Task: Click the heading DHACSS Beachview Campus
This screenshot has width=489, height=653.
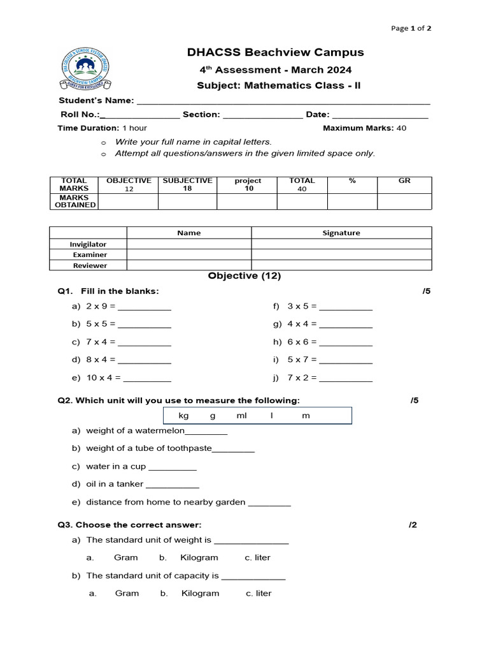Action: pyautogui.click(x=275, y=52)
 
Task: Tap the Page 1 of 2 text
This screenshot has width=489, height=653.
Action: pyautogui.click(x=411, y=28)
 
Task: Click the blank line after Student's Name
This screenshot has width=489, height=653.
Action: pyautogui.click(x=283, y=101)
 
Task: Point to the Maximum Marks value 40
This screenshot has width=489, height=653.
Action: pyautogui.click(x=401, y=128)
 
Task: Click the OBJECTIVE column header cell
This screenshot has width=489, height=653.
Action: pyautogui.click(x=129, y=185)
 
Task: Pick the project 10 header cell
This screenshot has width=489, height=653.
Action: pyautogui.click(x=247, y=185)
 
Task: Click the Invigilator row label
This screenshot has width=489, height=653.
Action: pyautogui.click(x=88, y=244)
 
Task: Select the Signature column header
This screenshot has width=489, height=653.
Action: pyautogui.click(x=341, y=233)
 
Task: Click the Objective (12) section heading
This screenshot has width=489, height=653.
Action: pyautogui.click(x=244, y=276)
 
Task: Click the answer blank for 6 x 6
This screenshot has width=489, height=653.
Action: pyautogui.click(x=346, y=343)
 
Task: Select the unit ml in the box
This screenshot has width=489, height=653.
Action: pyautogui.click(x=241, y=416)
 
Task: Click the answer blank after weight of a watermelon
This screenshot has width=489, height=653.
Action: pyautogui.click(x=206, y=432)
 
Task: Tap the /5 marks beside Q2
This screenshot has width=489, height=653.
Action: pyautogui.click(x=415, y=400)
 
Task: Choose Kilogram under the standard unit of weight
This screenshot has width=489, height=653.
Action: pyautogui.click(x=199, y=557)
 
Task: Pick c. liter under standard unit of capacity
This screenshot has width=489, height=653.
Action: pyautogui.click(x=259, y=593)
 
